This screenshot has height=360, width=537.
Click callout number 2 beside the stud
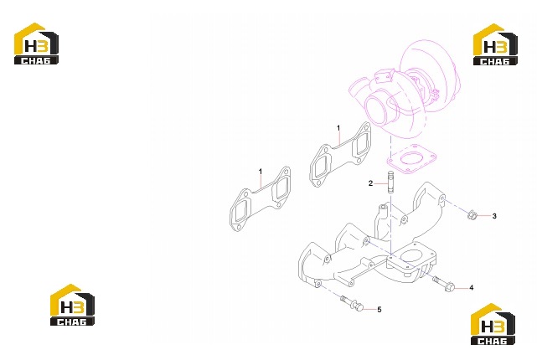point(370,183)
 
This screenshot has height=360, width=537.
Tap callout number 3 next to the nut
point(494,216)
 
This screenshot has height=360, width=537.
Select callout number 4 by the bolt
point(472,288)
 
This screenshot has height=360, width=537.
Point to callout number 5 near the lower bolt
point(380,310)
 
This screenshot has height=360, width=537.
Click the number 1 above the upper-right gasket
point(338,128)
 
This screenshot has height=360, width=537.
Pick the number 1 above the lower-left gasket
point(261,171)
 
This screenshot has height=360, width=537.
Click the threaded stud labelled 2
point(390,183)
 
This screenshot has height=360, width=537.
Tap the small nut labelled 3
point(472,215)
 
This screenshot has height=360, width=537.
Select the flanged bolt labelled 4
point(444,284)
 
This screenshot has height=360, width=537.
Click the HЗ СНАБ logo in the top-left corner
point(36,44)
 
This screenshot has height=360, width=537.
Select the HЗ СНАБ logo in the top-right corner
point(495,44)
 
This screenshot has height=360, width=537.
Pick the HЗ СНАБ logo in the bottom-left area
point(72,305)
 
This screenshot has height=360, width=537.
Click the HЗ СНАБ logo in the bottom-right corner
point(493,324)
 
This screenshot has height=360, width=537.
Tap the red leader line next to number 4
point(462,288)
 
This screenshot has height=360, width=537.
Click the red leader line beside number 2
point(381,183)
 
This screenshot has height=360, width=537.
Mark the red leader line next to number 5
point(370,310)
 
